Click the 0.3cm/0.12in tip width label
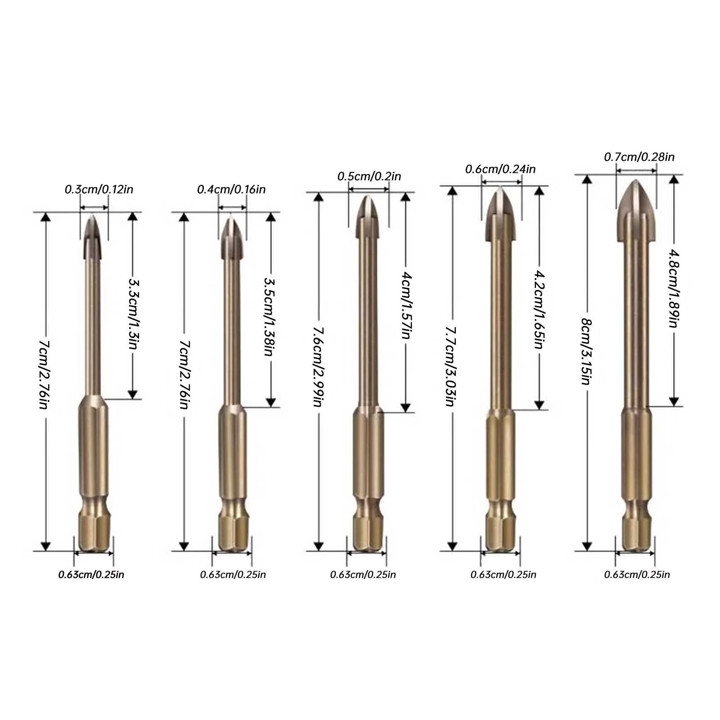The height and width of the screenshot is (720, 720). tap(99, 189)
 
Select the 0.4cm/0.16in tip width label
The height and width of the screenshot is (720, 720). tap(231, 189)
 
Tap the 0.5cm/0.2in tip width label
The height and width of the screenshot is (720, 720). tap(369, 176)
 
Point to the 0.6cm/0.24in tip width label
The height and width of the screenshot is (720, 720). tap(500, 169)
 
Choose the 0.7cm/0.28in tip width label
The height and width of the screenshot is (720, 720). tap(639, 157)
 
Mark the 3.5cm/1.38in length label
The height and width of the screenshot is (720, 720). tap(269, 316)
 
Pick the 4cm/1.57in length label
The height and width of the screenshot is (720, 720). tap(406, 305)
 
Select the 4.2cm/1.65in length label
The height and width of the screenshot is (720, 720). tap(539, 309)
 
